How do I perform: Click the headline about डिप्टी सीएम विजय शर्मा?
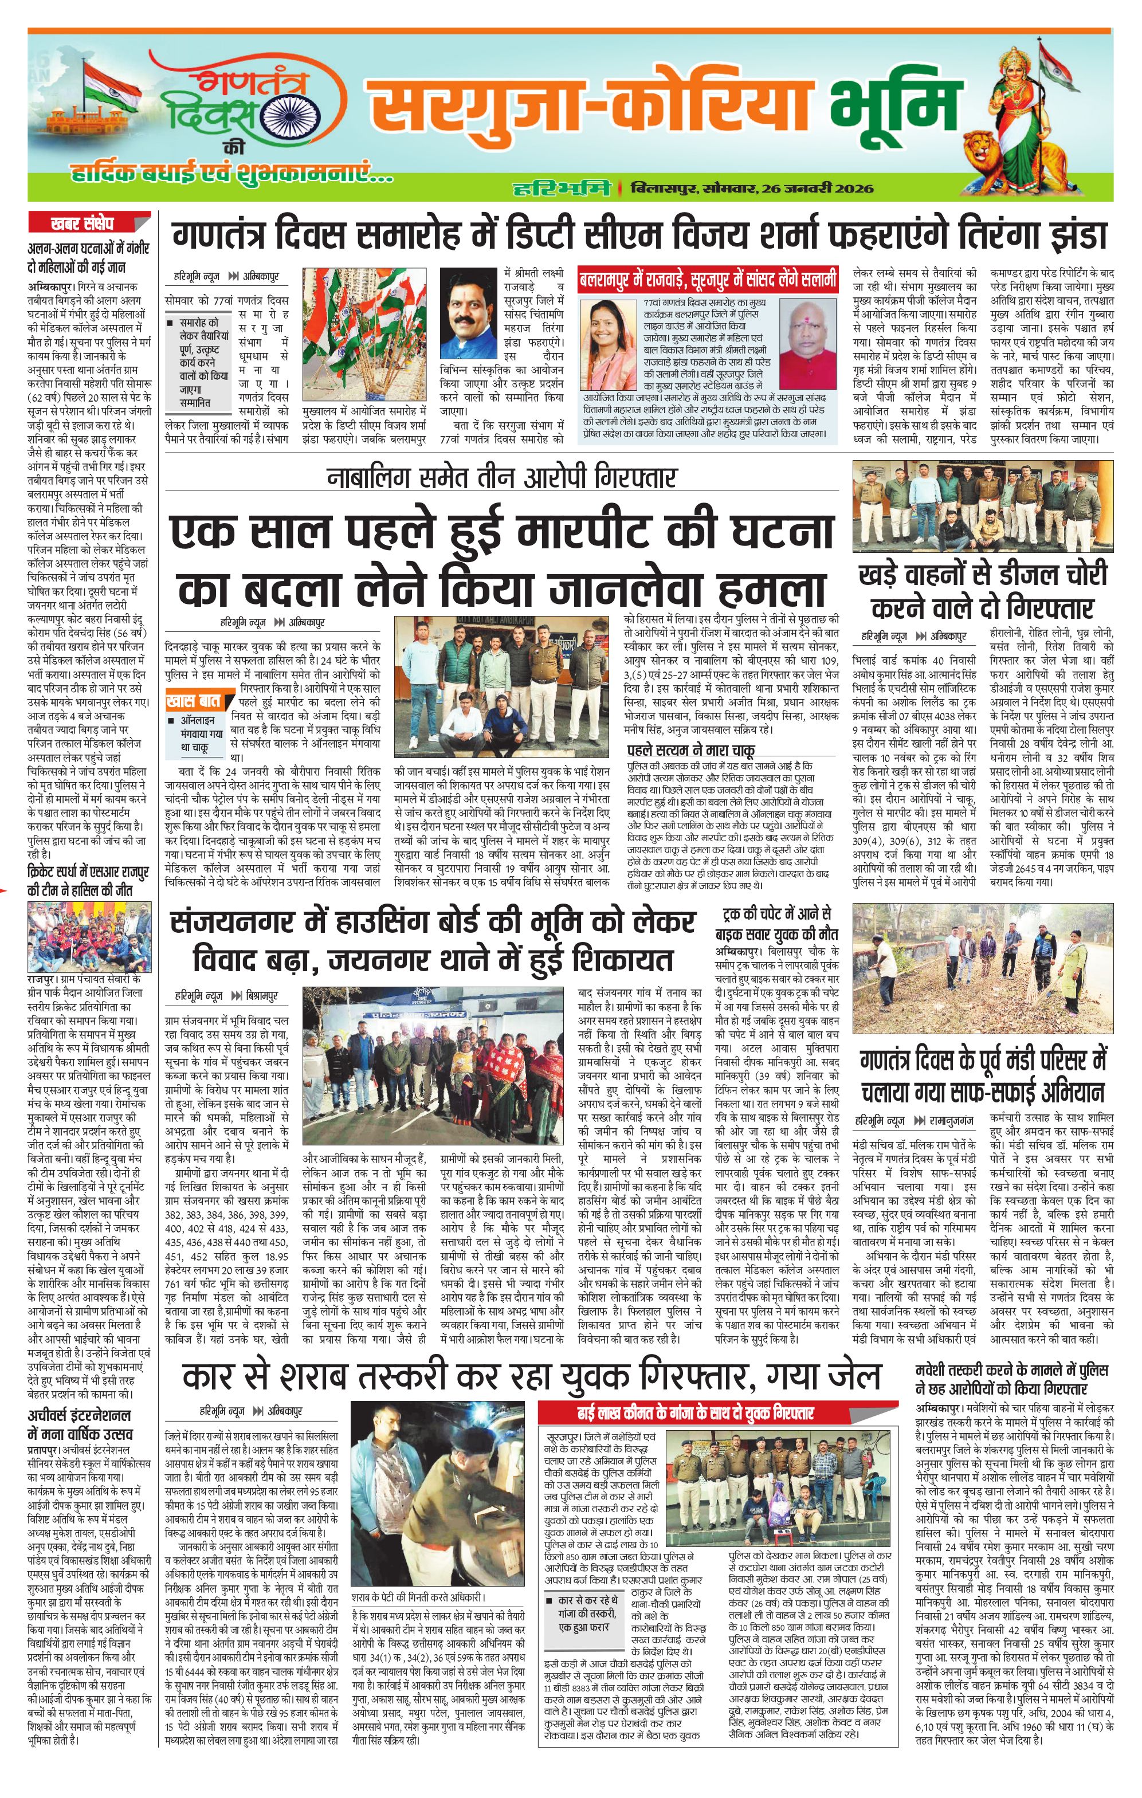pyautogui.click(x=638, y=237)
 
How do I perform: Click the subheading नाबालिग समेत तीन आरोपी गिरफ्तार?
pyautogui.click(x=501, y=476)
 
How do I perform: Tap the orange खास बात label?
pyautogui.click(x=194, y=701)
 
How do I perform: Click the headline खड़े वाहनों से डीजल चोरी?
pyautogui.click(x=982, y=590)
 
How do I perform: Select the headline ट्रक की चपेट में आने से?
pyautogui.click(x=777, y=923)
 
